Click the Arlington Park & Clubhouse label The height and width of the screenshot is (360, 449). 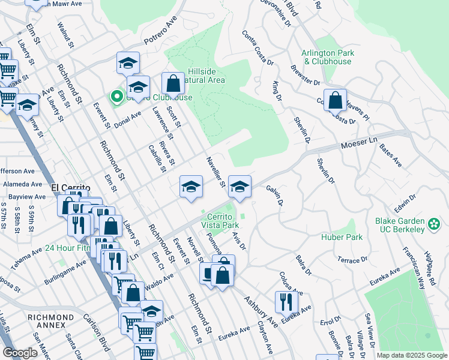coord(328,57)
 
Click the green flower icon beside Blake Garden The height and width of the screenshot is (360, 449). coord(433,224)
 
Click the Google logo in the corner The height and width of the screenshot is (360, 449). coord(20,353)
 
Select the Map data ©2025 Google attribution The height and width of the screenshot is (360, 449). coord(412,355)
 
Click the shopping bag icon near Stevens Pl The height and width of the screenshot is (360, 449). coord(336,101)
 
